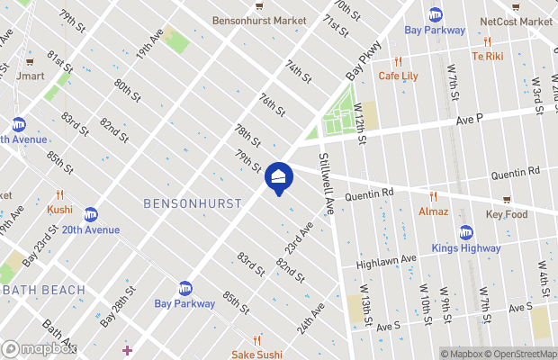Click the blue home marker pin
[x=279, y=177]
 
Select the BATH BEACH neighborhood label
[x=42, y=291]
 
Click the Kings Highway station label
[x=465, y=247]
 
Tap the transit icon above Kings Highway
[x=465, y=232]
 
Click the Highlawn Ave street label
[x=386, y=260]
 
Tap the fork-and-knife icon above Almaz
[x=433, y=196]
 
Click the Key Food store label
[x=507, y=215]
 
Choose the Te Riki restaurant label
[x=487, y=56]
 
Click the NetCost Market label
[x=517, y=22]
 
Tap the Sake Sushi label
[x=257, y=354]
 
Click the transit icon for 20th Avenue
[x=90, y=214]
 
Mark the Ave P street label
[x=470, y=119]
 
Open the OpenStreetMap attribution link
[x=522, y=354]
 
